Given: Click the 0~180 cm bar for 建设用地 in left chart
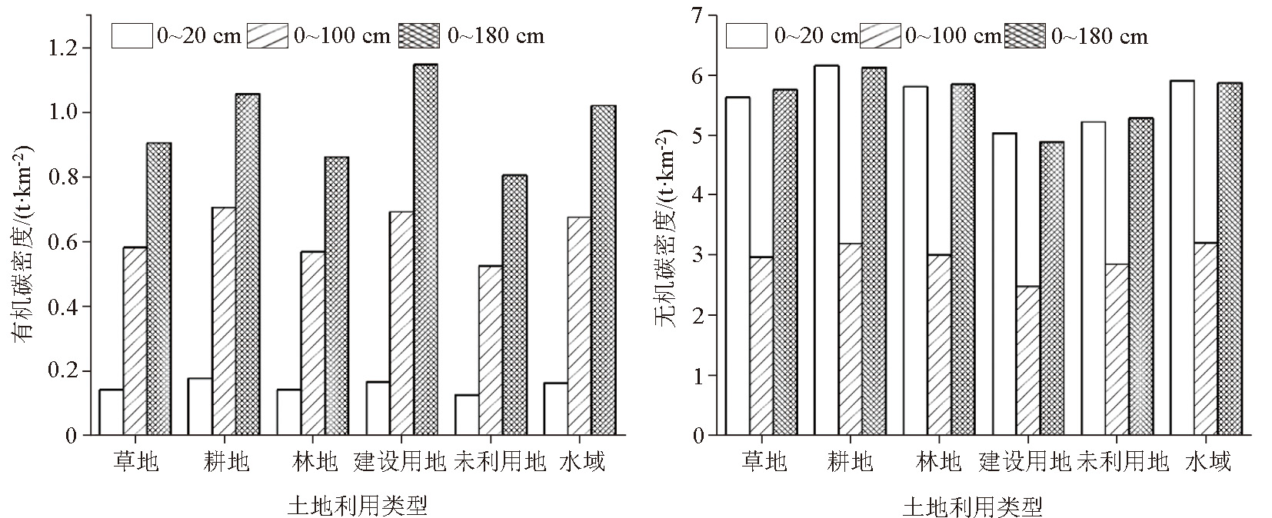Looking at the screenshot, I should (425, 250).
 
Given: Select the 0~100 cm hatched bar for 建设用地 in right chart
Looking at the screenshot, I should (1028, 360).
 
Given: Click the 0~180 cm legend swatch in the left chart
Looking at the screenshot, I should (418, 36).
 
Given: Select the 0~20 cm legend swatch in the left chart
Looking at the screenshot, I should (132, 36).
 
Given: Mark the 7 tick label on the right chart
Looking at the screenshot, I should (698, 15).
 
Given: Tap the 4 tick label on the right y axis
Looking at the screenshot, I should (698, 195).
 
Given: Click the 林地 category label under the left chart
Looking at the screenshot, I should (315, 461).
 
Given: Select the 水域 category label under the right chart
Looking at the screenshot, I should (1208, 461).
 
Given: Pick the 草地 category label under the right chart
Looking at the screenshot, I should (764, 461).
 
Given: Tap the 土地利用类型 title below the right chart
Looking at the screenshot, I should (972, 507).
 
